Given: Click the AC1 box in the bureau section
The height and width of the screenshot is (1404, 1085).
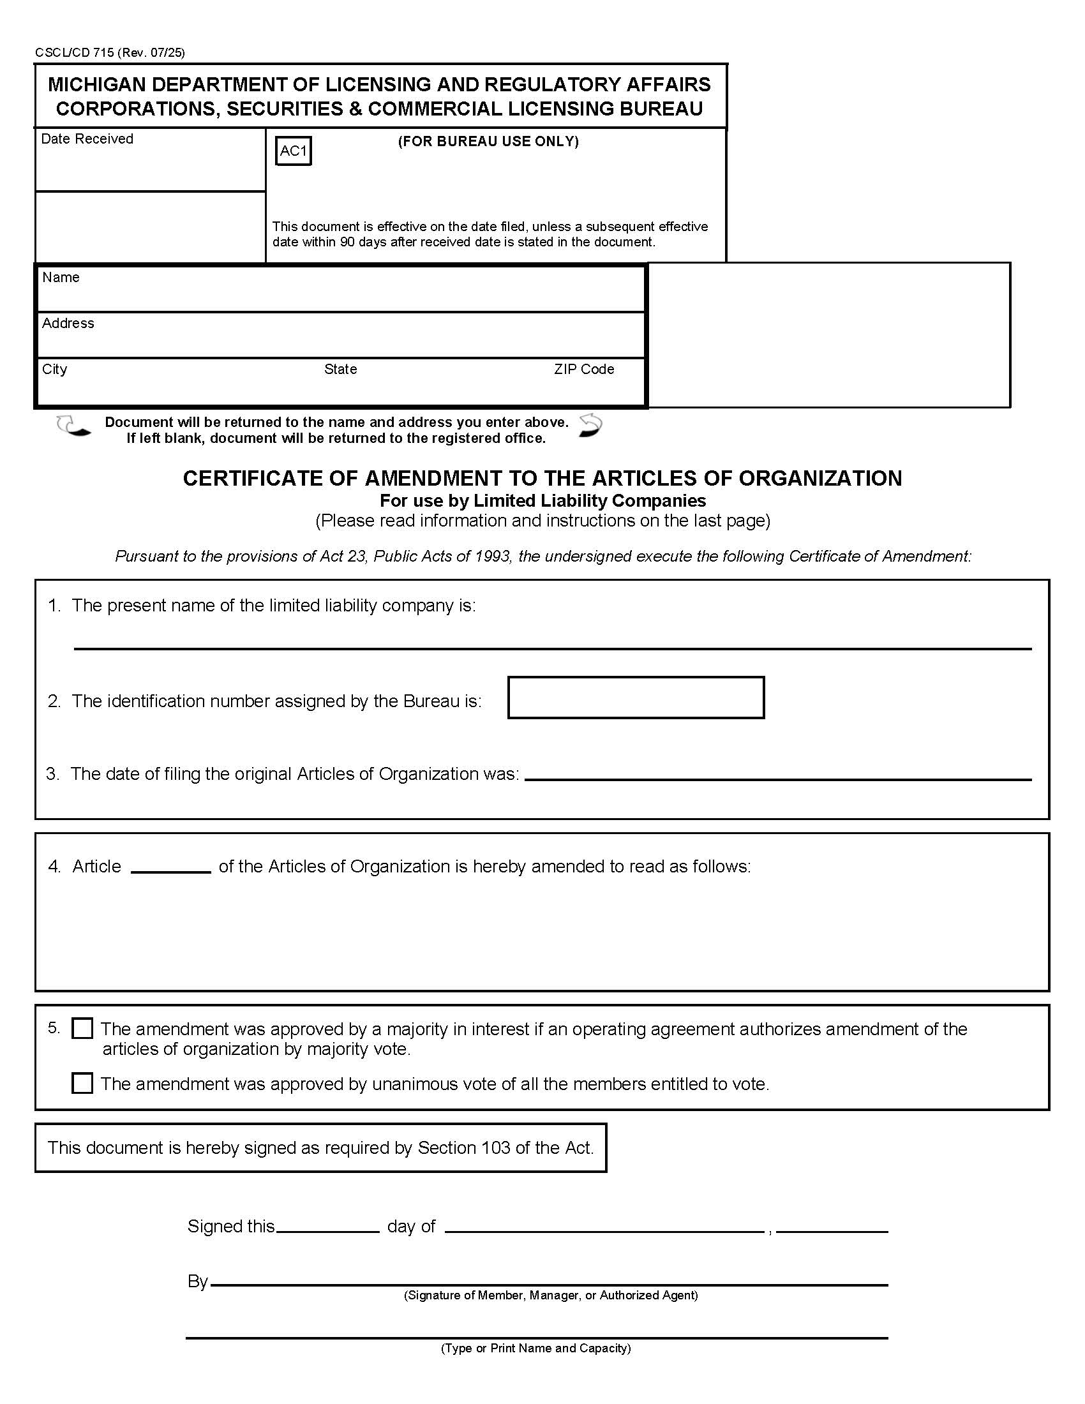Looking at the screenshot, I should coord(293,151).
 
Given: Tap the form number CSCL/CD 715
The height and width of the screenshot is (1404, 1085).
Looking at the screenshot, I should coord(75,53).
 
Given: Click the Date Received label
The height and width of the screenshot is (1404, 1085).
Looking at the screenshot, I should coord(87,139).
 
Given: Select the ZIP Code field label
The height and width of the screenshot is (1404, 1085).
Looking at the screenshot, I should coord(583,369).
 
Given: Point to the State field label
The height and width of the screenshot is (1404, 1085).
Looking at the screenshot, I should coord(340,369).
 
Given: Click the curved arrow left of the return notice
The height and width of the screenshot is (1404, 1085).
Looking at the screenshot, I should coord(73,426).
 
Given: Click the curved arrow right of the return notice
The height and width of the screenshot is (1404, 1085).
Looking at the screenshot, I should coord(590,426).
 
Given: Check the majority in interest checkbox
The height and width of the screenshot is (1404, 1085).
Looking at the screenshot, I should coord(82,1029).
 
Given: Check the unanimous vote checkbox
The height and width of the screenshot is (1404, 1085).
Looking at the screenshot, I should coord(82,1083).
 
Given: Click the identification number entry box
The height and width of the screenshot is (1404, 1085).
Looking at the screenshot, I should coord(636,698).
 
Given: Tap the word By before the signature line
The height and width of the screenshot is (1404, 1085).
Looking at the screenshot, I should coord(197,1281).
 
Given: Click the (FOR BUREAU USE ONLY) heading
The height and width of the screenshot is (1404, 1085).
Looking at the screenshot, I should coord(488,142).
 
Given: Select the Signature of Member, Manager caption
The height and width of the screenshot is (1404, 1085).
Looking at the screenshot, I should coord(550,1296).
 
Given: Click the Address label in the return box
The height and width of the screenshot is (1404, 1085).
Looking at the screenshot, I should coord(68,324).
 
